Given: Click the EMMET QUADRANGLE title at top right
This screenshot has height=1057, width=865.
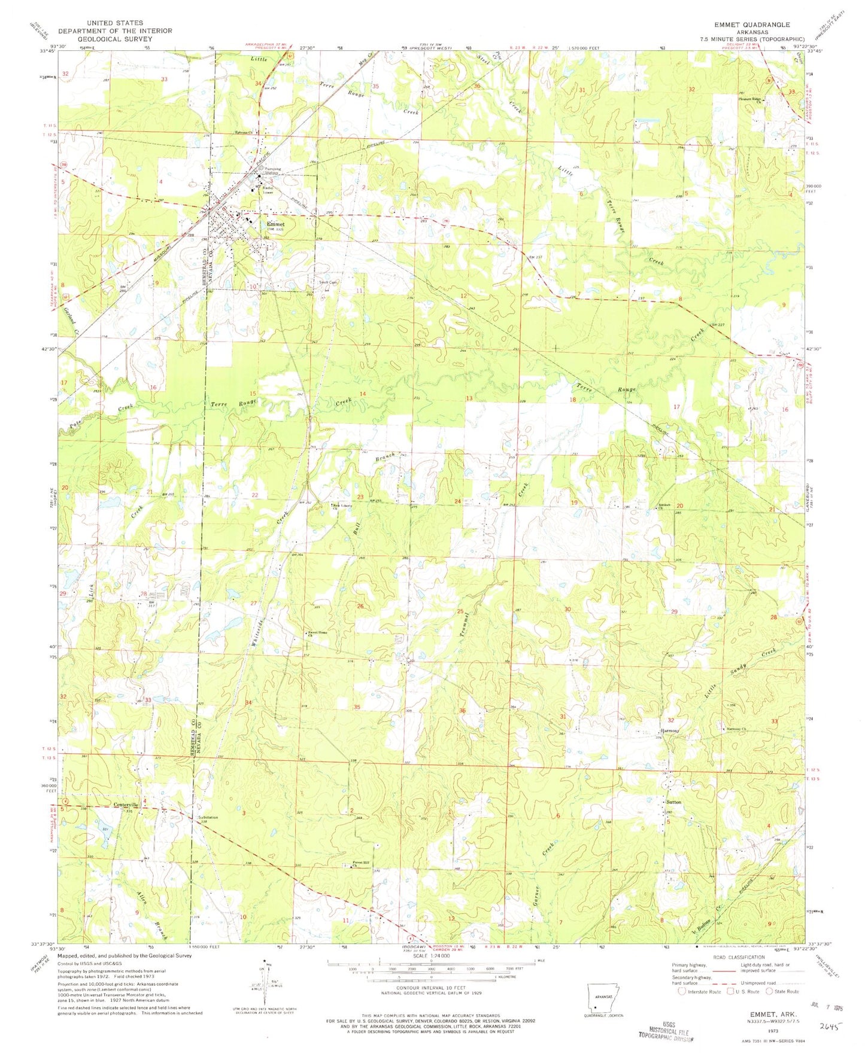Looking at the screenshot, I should click(x=751, y=25).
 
